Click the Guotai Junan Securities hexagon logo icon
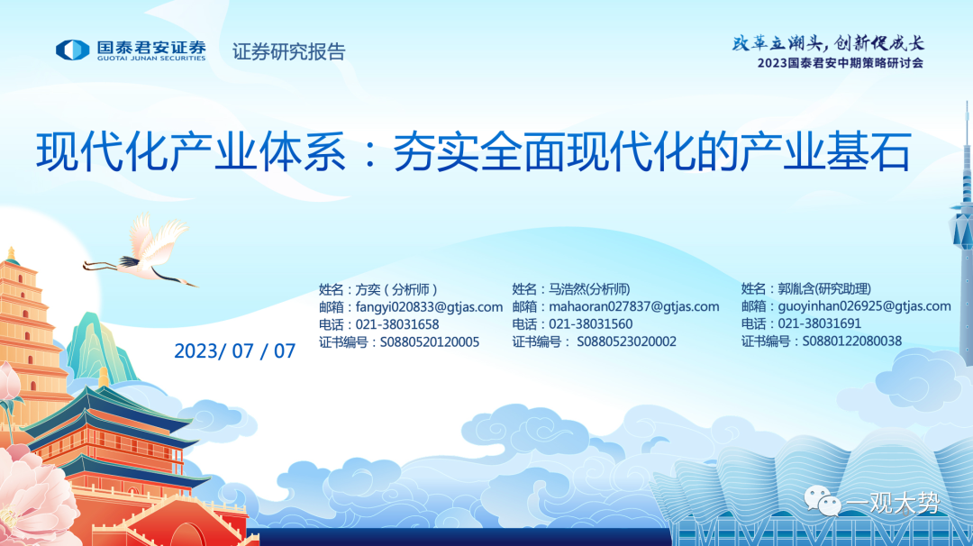[73, 50]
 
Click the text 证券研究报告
[288, 51]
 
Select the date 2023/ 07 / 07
[234, 351]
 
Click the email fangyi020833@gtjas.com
[429, 307]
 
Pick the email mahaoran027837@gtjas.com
[634, 306]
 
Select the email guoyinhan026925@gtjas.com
[864, 305]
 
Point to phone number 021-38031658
[397, 324]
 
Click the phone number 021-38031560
[591, 323]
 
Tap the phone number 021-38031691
[820, 323]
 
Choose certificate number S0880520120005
[430, 341]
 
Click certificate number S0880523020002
[627, 341]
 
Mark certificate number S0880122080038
[852, 341]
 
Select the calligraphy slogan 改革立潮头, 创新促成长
[828, 43]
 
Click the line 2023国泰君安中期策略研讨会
[841, 63]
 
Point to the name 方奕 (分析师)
[396, 290]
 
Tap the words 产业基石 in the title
[824, 151]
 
